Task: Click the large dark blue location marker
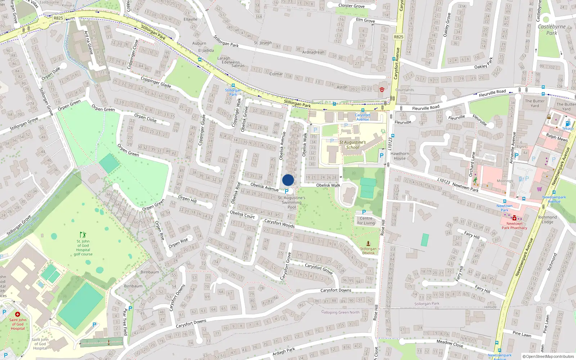click(288, 180)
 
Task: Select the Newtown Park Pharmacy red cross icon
click(514, 218)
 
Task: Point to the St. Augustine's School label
click(352, 145)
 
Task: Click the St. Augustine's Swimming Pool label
click(292, 202)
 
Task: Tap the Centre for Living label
click(366, 221)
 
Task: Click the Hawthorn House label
click(400, 156)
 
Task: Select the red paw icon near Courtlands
click(382, 89)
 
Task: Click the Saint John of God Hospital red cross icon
click(17, 314)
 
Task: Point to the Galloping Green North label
click(340, 312)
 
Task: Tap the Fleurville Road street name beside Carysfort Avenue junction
click(426, 108)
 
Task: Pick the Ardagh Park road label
click(284, 351)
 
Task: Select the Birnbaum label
click(150, 272)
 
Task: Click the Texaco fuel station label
click(568, 129)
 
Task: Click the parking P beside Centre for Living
click(364, 212)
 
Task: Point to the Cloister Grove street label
click(351, 6)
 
